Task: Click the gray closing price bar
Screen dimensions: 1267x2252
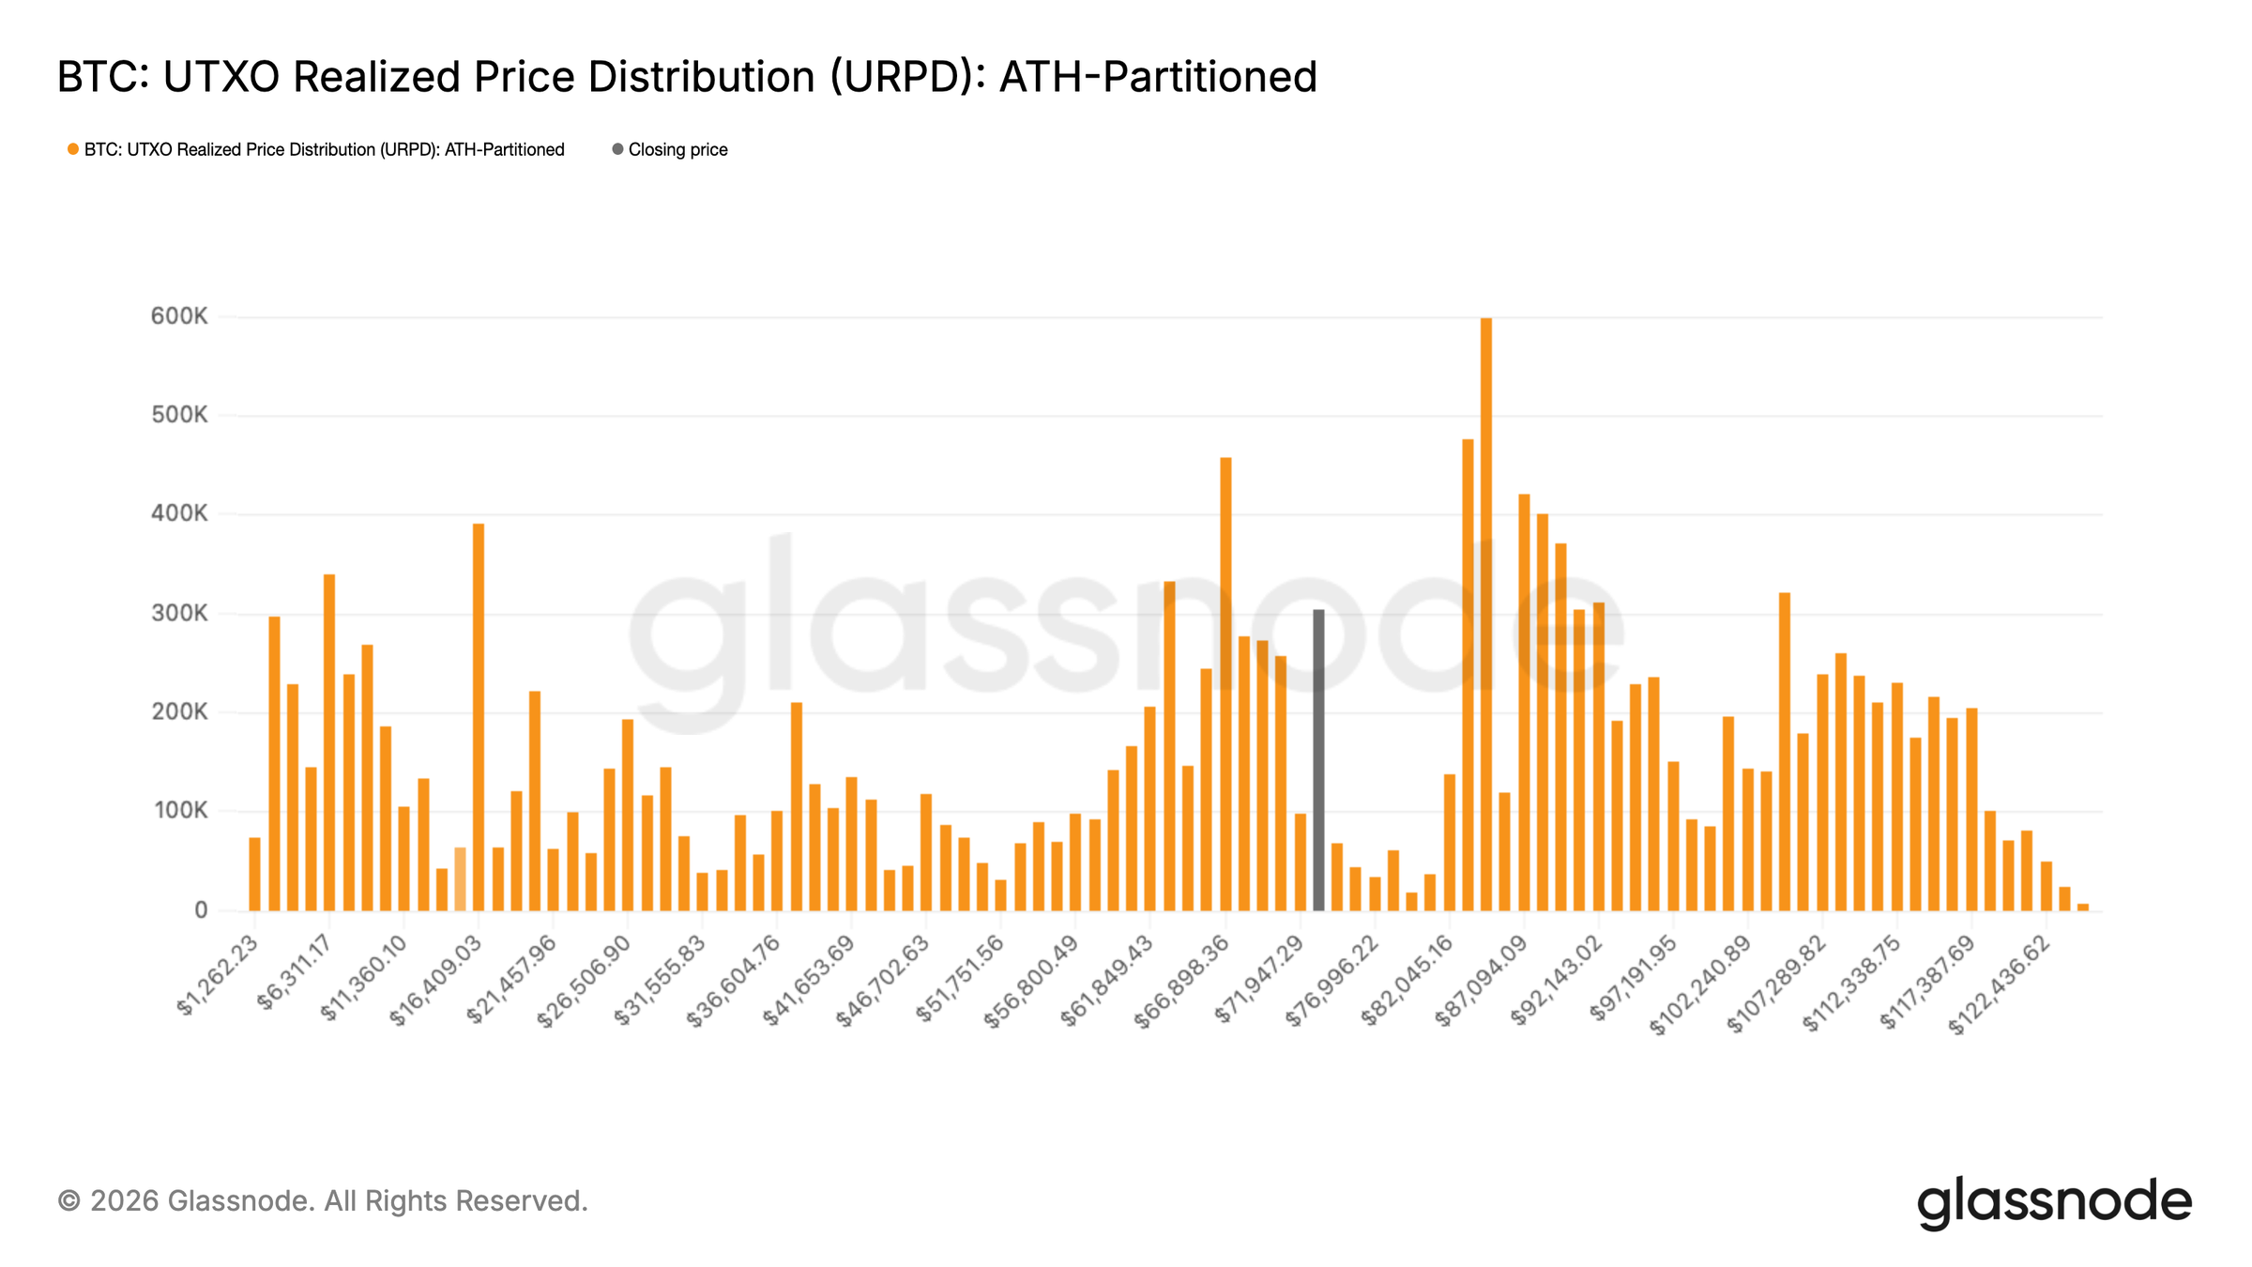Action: point(1318,760)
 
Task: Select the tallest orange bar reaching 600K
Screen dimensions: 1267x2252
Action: point(1486,615)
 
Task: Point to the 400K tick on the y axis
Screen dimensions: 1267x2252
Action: point(179,513)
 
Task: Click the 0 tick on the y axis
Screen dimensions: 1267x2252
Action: point(201,910)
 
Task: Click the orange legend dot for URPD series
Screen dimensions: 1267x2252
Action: point(73,150)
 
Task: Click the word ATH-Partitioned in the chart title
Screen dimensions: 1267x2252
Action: point(1158,77)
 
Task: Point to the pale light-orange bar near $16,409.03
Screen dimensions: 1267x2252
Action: point(460,879)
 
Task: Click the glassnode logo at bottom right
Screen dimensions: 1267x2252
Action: point(2054,1202)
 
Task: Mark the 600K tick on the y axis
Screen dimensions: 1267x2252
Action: point(179,316)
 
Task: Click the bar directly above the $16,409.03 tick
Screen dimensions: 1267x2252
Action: point(479,718)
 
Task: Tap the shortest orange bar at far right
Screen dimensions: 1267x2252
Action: point(2083,907)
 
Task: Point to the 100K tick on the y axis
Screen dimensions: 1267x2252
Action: point(179,811)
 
